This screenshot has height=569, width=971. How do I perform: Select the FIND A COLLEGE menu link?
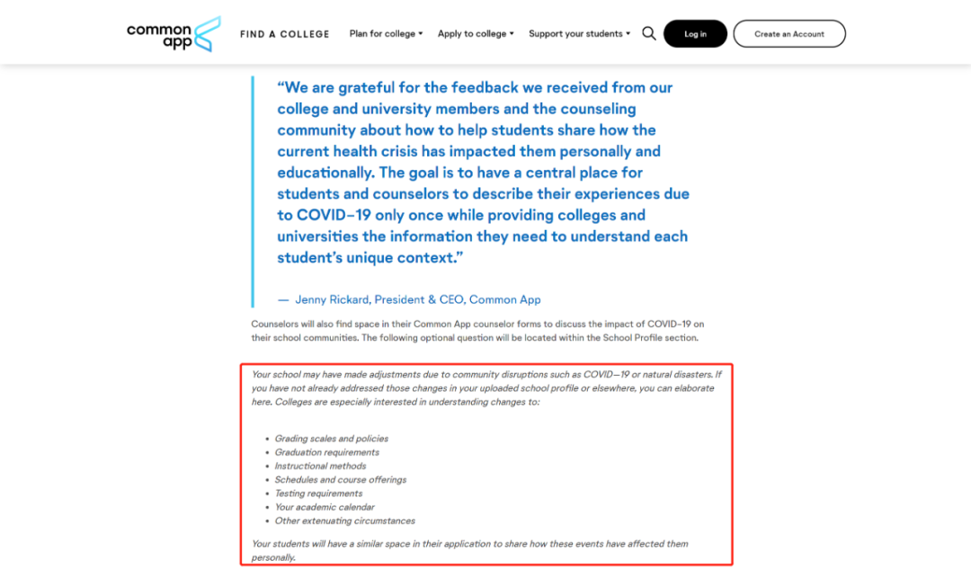[284, 34]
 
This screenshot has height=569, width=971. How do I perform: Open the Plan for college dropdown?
[386, 34]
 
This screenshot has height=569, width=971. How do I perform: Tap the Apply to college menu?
[476, 34]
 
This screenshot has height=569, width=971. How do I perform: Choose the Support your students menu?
[579, 34]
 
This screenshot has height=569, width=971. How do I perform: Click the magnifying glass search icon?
[649, 34]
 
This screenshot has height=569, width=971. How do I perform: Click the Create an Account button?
[788, 34]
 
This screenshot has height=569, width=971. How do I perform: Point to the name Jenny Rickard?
[332, 299]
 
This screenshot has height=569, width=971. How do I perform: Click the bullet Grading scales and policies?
[331, 439]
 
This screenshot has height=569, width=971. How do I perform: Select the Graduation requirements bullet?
[326, 452]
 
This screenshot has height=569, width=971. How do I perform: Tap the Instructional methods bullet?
[320, 466]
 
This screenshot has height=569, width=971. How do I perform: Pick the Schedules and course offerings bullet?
[340, 480]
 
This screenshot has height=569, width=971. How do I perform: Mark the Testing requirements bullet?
[318, 493]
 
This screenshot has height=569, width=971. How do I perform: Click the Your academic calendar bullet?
[324, 507]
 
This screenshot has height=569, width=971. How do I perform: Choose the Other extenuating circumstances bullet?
[344, 520]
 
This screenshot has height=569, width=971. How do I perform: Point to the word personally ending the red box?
[273, 557]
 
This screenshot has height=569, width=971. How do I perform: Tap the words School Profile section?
[649, 338]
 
